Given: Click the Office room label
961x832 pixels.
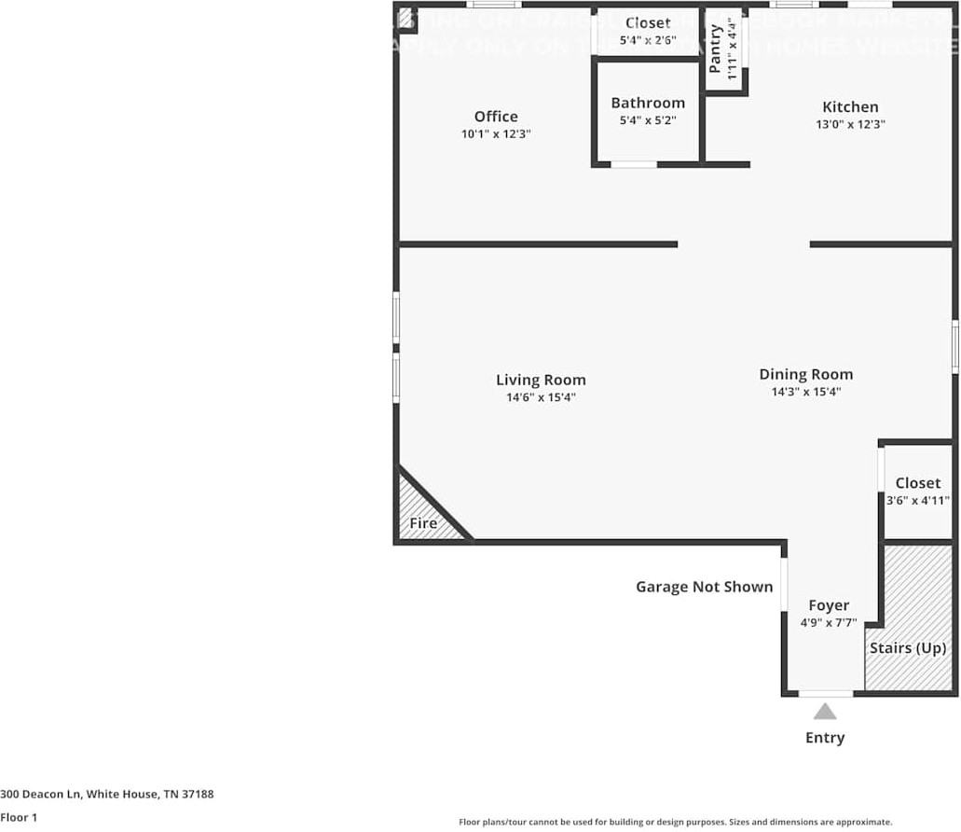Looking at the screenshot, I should click(496, 117).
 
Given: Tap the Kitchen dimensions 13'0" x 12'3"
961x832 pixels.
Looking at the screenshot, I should click(850, 124).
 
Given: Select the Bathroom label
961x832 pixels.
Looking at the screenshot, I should click(648, 103).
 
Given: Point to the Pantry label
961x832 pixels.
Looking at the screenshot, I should click(716, 49).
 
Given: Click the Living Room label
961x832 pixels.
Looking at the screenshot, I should click(541, 380).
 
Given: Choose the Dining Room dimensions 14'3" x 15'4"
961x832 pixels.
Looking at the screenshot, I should click(806, 392).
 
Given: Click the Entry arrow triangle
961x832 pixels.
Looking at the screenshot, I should click(825, 712).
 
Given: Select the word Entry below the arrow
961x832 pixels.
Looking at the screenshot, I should click(825, 738).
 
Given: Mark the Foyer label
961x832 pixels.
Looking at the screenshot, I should click(829, 605).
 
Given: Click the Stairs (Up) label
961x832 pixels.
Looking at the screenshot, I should click(908, 647).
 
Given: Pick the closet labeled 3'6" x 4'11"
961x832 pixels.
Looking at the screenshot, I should click(918, 491).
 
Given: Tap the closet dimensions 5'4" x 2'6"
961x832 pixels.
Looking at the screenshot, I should click(648, 40).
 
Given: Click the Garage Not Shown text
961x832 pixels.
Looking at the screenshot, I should click(705, 587).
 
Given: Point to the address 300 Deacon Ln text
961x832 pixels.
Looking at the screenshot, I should click(107, 794).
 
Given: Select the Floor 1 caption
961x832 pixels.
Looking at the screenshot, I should click(19, 817).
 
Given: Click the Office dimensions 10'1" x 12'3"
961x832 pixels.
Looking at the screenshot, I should click(496, 134).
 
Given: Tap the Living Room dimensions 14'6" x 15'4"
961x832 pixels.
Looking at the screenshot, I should click(541, 397).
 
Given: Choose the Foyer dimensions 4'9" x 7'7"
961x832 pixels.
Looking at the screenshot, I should click(829, 623).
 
